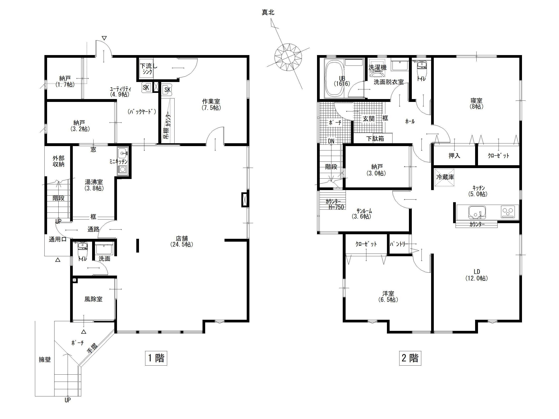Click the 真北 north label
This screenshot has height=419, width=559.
click(268, 12)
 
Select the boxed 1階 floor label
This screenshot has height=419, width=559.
click(156, 358)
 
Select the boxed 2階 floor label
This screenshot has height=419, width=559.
click(410, 358)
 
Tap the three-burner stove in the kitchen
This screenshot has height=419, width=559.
click(508, 212)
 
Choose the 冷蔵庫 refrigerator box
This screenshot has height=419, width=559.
click(444, 177)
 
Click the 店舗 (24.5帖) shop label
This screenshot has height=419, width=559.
click(182, 241)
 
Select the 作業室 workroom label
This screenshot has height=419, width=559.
click(211, 104)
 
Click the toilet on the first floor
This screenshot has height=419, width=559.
click(82, 249)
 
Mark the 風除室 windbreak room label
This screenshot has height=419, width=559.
click(93, 299)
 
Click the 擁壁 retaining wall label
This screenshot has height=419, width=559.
click(45, 359)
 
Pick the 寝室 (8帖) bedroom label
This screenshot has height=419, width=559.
click(476, 103)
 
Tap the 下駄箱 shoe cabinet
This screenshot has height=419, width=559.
click(375, 139)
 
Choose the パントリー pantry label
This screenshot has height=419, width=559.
click(398, 244)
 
